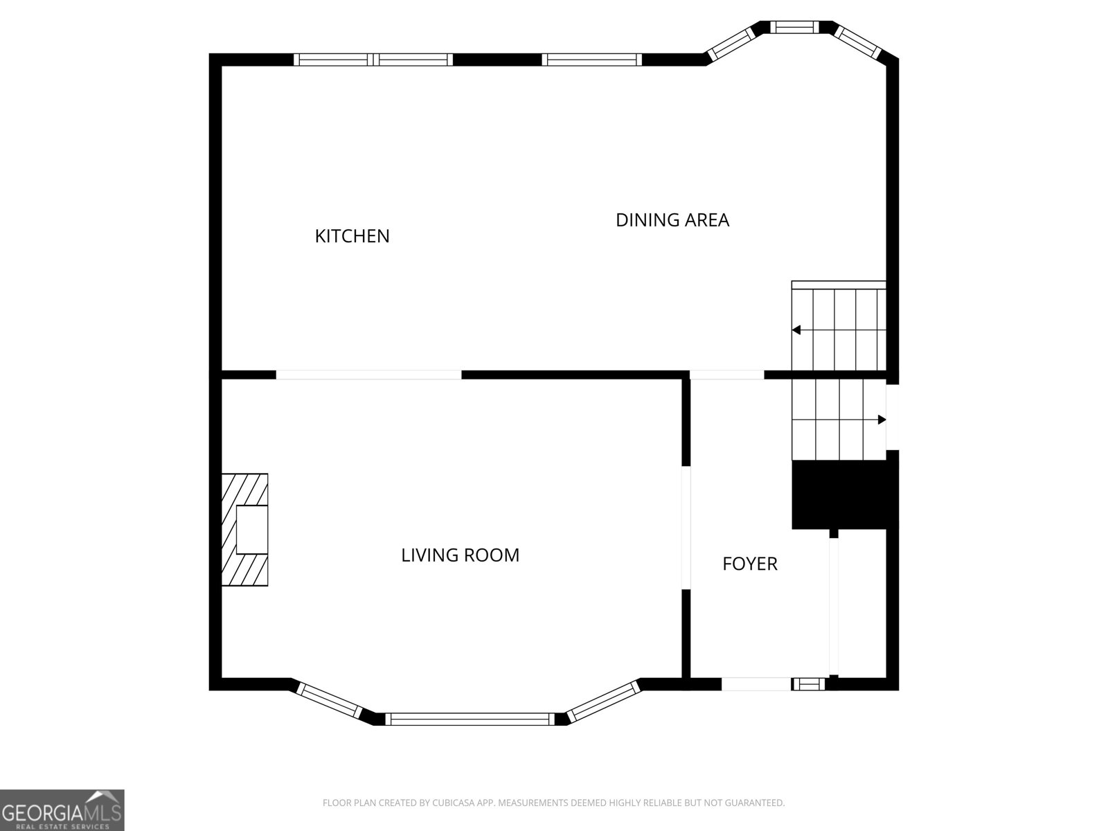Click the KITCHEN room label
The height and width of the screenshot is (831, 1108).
(352, 236)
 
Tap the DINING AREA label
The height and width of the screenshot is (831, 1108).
(672, 220)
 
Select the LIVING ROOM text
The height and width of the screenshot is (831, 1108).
(460, 555)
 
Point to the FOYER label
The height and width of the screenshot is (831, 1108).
(749, 564)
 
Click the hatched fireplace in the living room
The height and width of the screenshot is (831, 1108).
(244, 530)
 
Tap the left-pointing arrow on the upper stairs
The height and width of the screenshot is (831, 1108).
(797, 330)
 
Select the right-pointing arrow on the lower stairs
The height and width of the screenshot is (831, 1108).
(881, 420)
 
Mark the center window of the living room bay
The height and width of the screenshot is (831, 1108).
(470, 719)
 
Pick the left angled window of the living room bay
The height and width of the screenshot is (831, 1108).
(330, 699)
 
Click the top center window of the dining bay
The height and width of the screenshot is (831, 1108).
(794, 27)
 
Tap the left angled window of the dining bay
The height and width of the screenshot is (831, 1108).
(729, 43)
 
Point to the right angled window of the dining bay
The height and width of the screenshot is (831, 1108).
(857, 42)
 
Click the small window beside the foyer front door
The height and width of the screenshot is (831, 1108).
(808, 684)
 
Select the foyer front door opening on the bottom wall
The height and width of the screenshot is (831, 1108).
(756, 684)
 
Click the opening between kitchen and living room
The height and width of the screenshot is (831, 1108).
(368, 375)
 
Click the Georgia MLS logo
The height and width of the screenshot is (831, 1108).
(62, 810)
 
